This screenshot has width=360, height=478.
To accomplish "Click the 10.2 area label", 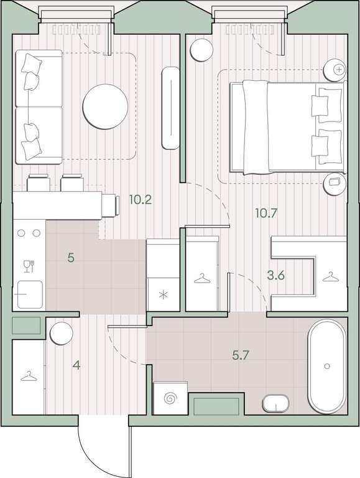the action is point(140,200).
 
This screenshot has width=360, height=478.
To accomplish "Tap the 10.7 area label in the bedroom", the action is point(266,213).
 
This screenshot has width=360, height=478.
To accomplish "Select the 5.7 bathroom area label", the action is point(241,355).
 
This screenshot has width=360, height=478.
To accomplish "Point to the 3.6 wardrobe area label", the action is point(275,275).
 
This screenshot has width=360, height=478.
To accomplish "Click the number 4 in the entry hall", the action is point(76,365).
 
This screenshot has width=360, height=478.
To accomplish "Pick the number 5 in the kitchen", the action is point(71,258).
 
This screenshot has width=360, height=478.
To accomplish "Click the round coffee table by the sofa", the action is point(105,106).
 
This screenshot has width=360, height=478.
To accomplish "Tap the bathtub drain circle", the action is point(327,366).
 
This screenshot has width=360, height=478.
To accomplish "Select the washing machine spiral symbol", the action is point(170,398).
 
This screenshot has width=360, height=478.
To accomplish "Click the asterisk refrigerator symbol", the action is point(164,295).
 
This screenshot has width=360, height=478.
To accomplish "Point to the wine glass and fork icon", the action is point(29,266).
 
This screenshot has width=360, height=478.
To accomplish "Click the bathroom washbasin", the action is point(276,403).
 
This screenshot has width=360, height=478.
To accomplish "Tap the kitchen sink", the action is point(30,294).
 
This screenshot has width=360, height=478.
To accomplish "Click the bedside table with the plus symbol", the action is point(335,70).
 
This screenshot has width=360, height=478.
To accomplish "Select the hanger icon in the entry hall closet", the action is point(29,376).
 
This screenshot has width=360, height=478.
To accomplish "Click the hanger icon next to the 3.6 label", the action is point(330,277).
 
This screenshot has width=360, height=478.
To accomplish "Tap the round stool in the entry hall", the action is point(62,333).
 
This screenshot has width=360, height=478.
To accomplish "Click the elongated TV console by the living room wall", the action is point(170,108).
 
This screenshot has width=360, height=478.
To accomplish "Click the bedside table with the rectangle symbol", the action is point(335,184).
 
